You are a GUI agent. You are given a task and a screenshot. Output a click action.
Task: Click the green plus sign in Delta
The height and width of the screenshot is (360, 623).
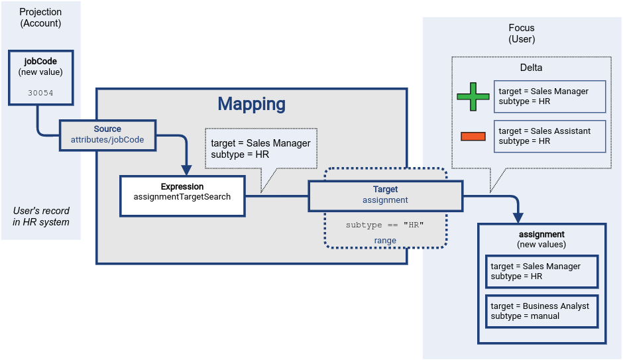(x=473, y=97)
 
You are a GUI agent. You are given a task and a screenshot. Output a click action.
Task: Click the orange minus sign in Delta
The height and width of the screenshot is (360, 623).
(x=473, y=137)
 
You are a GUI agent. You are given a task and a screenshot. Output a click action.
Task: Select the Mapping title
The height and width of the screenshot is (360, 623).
(x=251, y=104)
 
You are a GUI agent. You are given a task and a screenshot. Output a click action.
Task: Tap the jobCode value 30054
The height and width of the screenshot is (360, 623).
(x=41, y=93)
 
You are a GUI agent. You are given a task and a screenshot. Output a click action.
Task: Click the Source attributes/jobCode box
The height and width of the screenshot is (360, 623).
(x=107, y=135)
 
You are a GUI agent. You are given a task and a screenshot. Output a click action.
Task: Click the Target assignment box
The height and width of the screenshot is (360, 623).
(x=385, y=194)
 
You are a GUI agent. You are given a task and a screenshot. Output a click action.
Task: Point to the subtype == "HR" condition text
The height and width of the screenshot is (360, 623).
(x=384, y=225)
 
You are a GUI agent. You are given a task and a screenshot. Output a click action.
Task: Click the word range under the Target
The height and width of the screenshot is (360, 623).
(x=385, y=241)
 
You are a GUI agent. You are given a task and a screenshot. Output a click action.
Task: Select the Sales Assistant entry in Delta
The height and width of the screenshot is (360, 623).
(x=549, y=136)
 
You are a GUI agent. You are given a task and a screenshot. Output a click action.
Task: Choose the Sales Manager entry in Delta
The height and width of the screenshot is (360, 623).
(x=549, y=97)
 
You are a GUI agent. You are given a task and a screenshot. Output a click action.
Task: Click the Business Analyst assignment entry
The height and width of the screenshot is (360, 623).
(x=541, y=311)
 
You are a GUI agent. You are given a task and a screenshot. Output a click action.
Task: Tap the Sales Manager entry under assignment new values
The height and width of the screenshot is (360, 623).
(x=541, y=271)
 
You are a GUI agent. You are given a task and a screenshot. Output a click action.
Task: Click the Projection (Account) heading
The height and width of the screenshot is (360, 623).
(x=40, y=18)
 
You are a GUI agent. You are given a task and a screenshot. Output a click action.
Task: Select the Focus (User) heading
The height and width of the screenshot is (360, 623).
(x=522, y=34)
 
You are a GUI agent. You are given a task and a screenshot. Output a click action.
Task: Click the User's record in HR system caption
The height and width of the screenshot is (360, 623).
(x=41, y=216)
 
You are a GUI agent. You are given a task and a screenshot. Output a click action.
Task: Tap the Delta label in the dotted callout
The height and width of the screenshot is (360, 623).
(x=531, y=68)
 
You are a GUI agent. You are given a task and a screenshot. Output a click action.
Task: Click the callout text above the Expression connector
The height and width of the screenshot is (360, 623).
(x=260, y=149)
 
